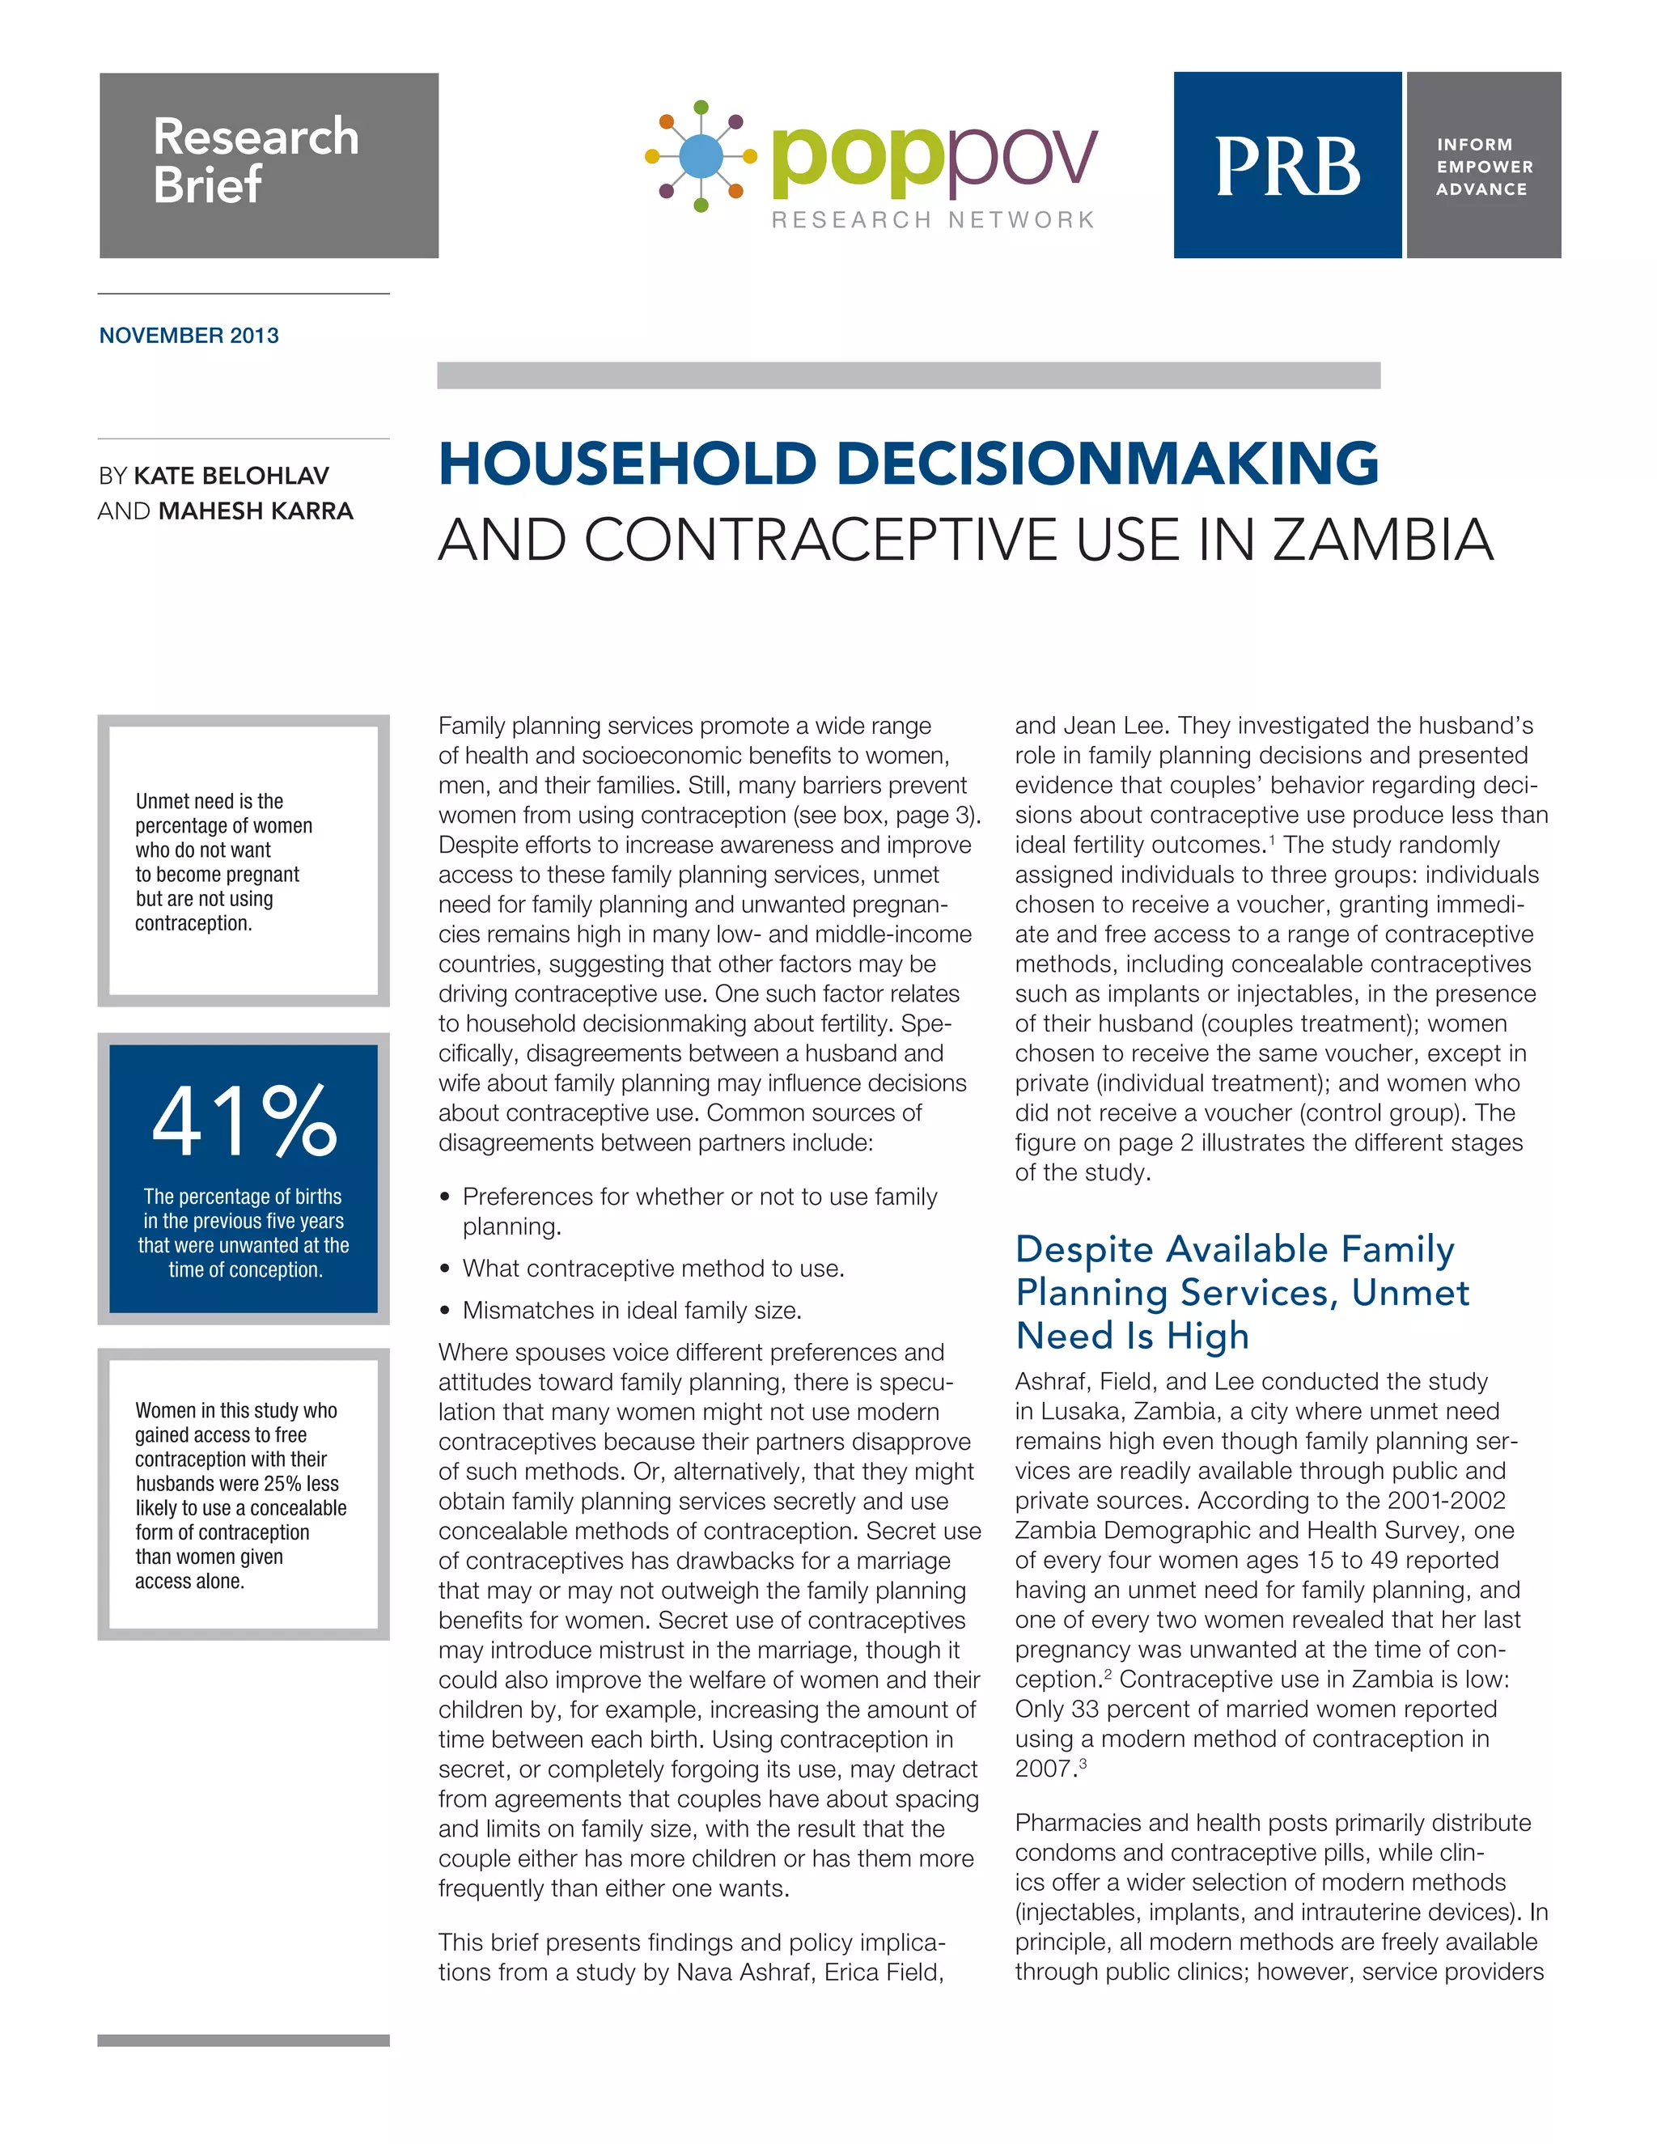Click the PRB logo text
[x=1287, y=166]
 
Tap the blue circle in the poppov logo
[x=700, y=155]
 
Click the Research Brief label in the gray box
[x=255, y=160]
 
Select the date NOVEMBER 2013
[x=189, y=336]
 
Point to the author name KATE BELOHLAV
[x=231, y=476]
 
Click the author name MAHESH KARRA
[x=255, y=511]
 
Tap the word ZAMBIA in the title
[x=1382, y=541]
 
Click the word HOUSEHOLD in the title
[x=627, y=464]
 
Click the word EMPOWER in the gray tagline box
[x=1484, y=167]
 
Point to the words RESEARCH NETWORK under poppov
[x=933, y=220]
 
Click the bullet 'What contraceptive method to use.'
[x=653, y=1269]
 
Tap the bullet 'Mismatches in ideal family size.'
[x=631, y=1311]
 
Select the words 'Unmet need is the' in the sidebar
[x=209, y=801]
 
